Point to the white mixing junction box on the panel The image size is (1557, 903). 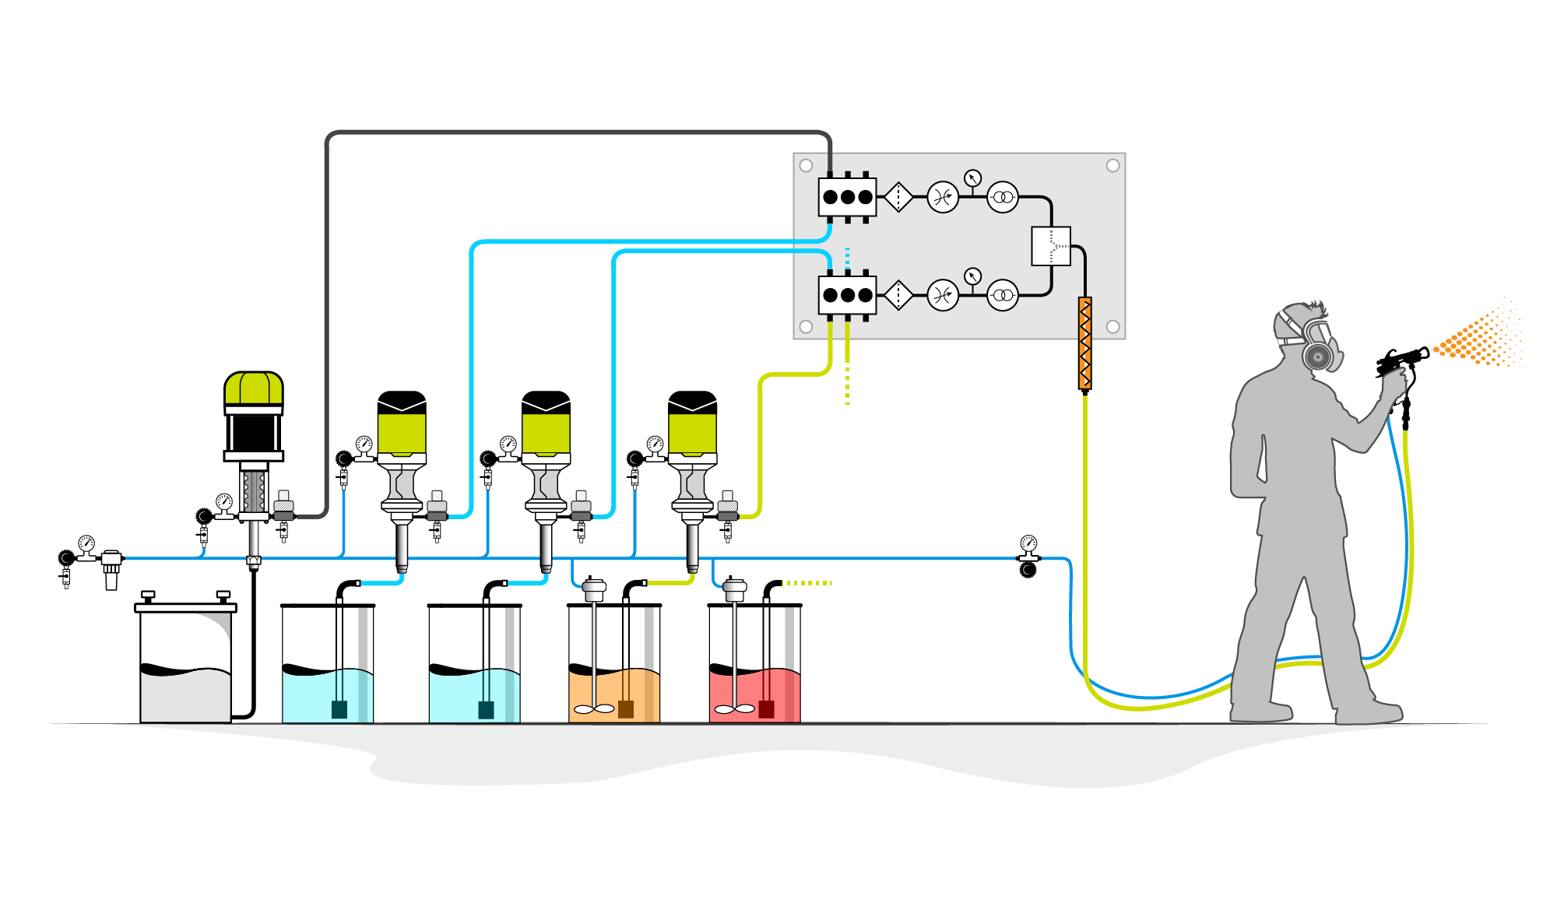[1051, 246]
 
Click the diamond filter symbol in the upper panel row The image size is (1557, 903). [898, 197]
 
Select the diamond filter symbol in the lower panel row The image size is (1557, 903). [898, 295]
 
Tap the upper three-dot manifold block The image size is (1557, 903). [847, 197]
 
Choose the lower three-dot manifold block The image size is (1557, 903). [847, 295]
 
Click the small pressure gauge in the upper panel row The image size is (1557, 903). [972, 178]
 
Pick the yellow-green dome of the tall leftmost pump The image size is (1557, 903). [254, 388]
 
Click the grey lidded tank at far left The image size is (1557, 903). [185, 662]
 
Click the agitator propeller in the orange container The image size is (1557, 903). [593, 709]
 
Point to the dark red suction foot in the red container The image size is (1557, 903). [766, 708]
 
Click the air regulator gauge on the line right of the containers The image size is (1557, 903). [1028, 543]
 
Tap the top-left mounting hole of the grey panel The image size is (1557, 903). [807, 166]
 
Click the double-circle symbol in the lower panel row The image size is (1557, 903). [1003, 295]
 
